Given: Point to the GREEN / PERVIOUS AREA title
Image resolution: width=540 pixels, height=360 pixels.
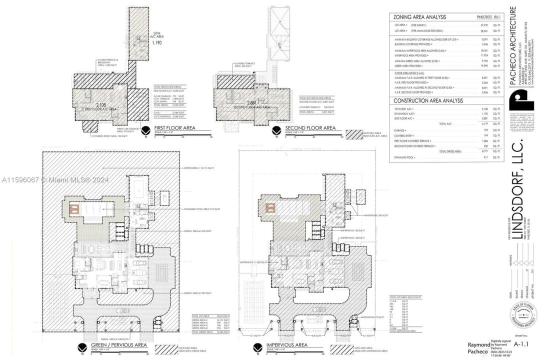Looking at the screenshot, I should (118, 345).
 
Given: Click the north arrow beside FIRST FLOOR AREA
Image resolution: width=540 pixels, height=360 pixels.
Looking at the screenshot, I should (145, 131).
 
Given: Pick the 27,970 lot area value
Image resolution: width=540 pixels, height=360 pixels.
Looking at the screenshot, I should (484, 24).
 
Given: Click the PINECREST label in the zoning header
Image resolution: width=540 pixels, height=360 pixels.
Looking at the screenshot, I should (485, 17).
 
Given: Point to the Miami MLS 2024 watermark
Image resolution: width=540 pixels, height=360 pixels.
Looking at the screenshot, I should (54, 180).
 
